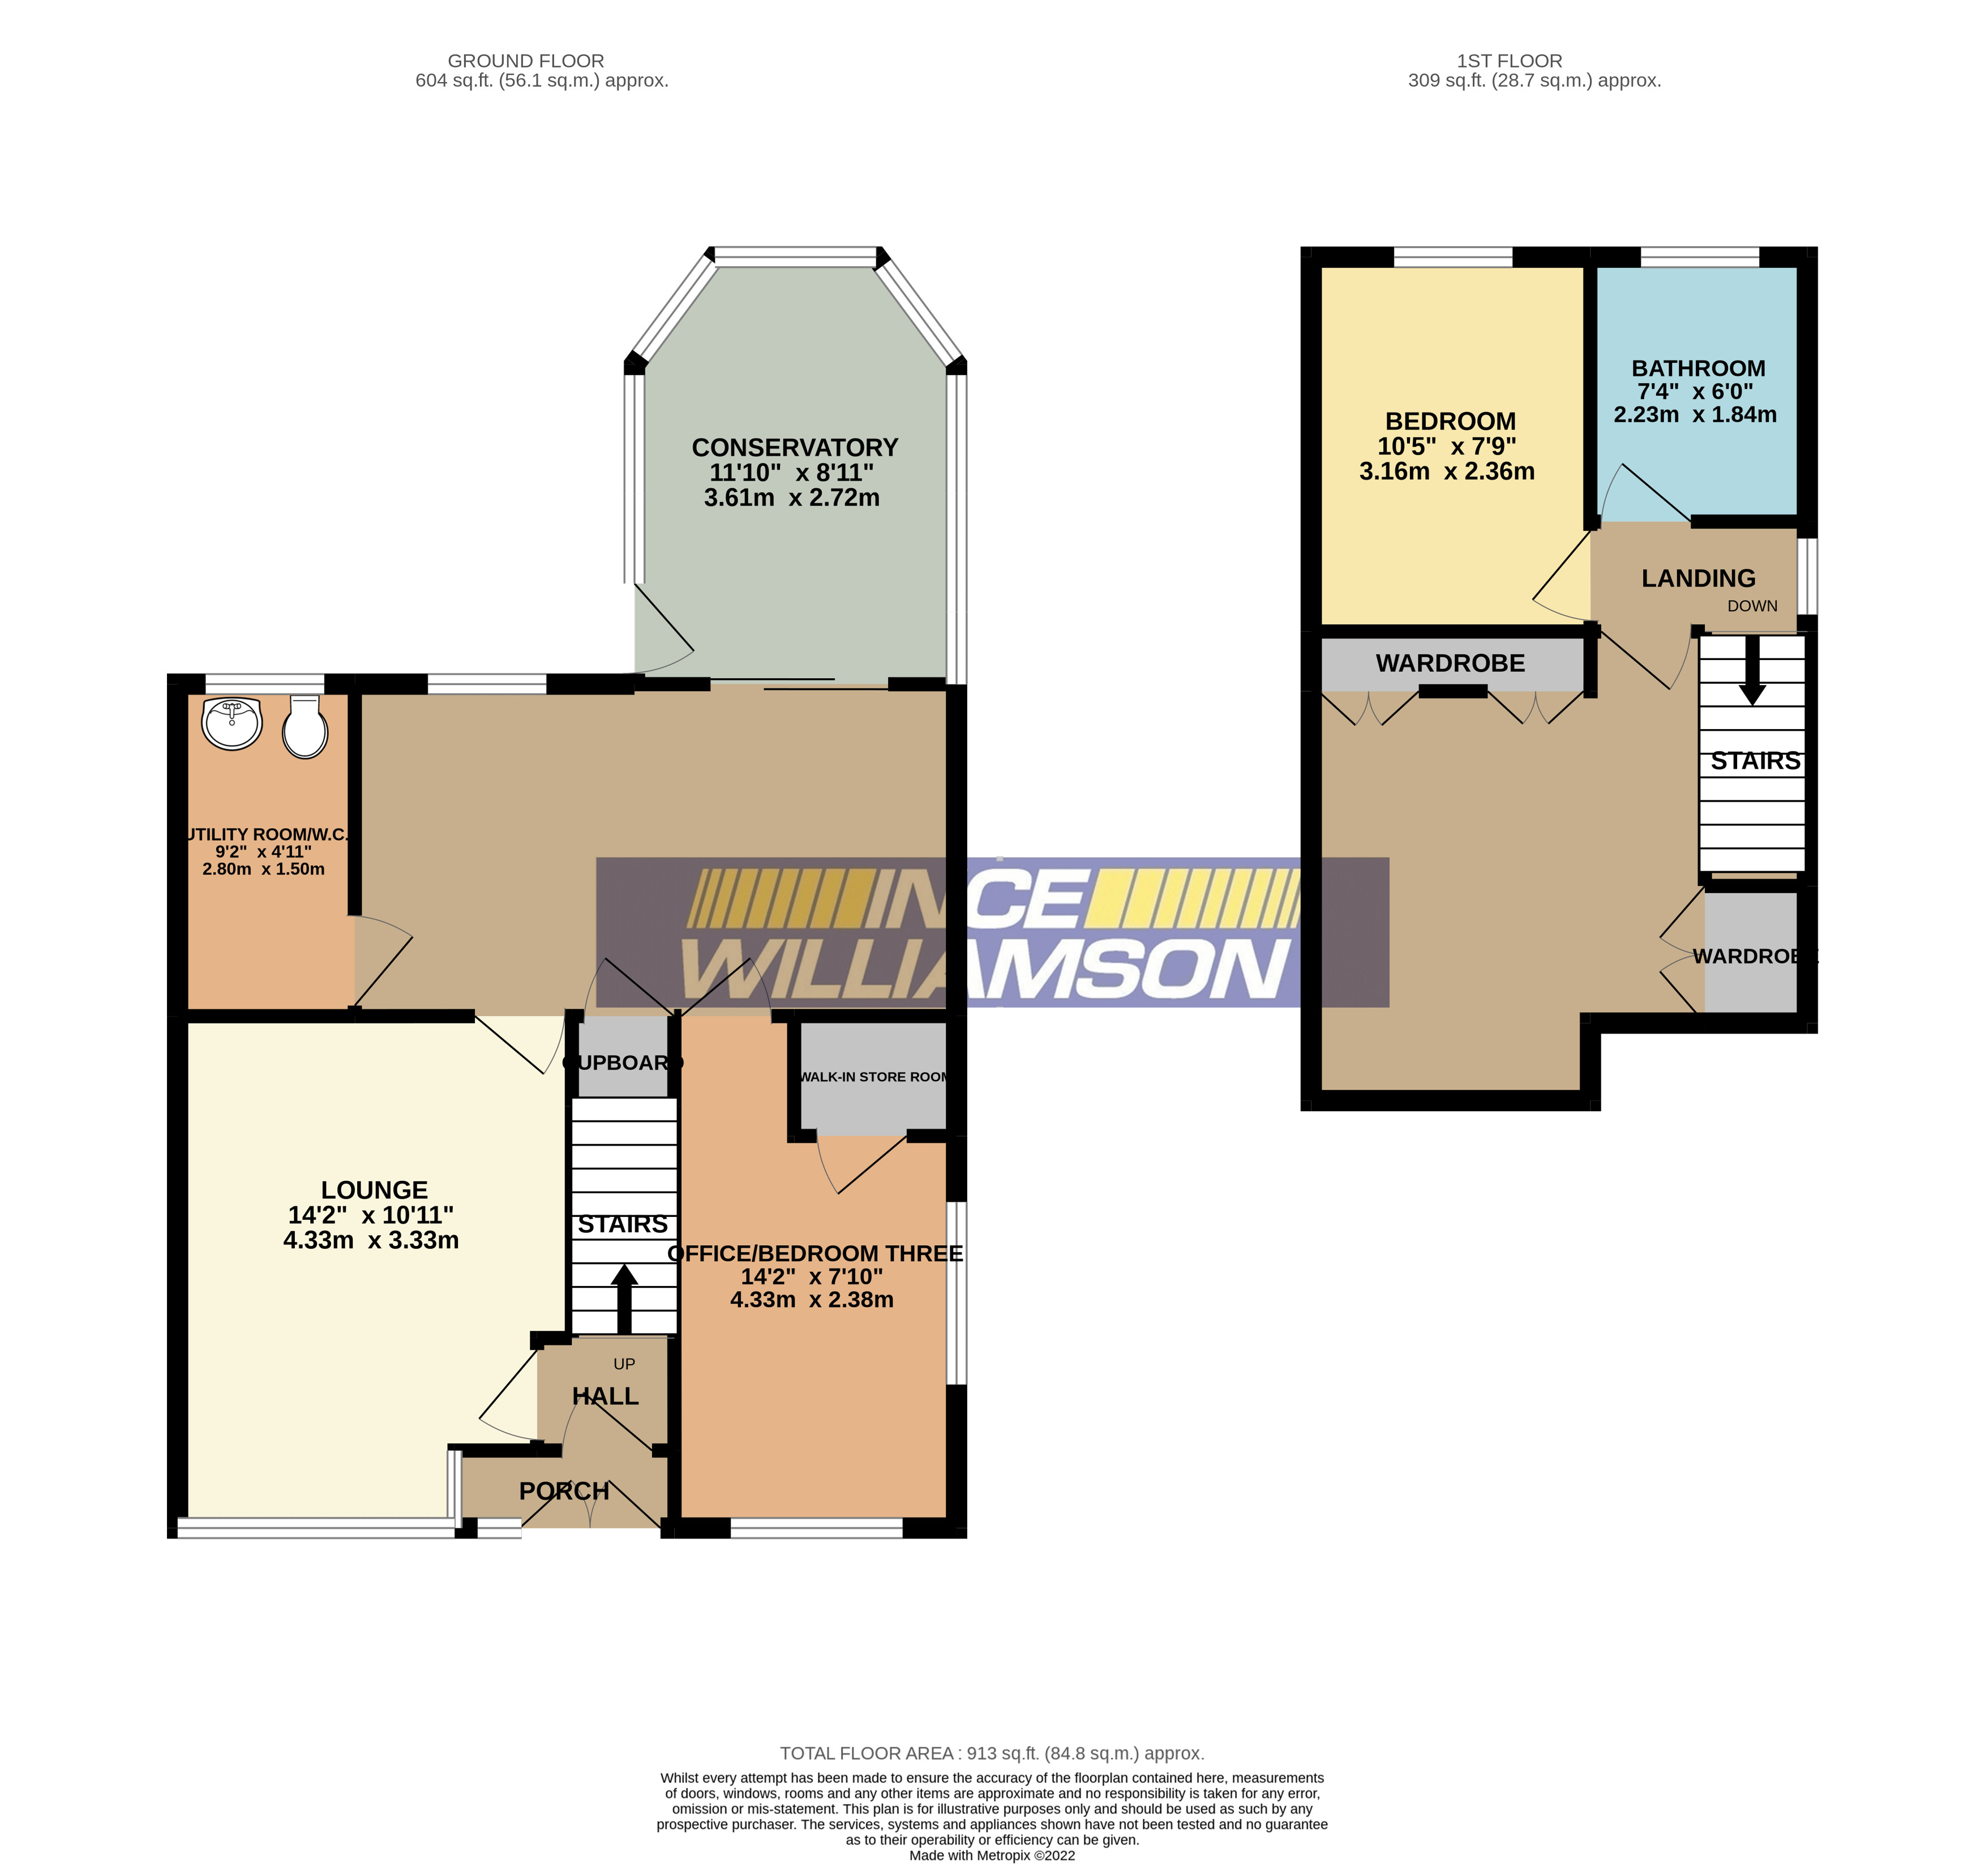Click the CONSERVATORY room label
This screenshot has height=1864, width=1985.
pyautogui.click(x=795, y=447)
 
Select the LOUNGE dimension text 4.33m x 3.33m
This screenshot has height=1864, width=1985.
pyautogui.click(x=371, y=1240)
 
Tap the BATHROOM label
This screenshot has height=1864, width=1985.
pyautogui.click(x=1699, y=368)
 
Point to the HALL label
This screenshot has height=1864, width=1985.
pyautogui.click(x=605, y=1396)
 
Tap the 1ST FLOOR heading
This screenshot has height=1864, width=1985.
pyautogui.click(x=1509, y=61)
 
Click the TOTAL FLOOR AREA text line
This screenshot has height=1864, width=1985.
pyautogui.click(x=992, y=1753)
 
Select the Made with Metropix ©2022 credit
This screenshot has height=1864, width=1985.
pyautogui.click(x=992, y=1855)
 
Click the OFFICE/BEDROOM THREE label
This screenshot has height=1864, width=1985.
pyautogui.click(x=814, y=1254)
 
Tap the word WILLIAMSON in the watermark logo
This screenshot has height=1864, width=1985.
pyautogui.click(x=984, y=970)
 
